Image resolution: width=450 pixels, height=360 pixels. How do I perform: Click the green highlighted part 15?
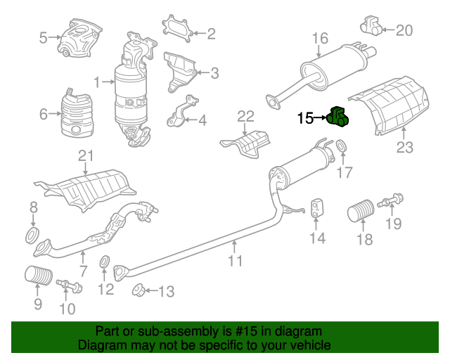point(337,117)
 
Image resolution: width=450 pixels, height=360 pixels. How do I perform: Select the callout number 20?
point(404,30)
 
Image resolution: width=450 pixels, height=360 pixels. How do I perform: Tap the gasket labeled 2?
point(176,29)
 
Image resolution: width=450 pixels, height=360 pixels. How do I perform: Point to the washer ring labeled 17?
point(341,146)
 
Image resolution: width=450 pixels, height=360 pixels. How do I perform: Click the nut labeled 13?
point(139,290)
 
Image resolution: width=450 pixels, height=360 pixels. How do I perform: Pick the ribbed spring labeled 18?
point(361,210)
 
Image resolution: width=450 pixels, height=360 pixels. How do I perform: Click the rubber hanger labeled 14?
point(317,207)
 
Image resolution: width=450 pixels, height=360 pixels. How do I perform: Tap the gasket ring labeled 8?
point(32,235)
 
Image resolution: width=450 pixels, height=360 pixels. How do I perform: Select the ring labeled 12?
point(104,262)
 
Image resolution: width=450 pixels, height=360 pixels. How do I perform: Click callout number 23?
point(405,147)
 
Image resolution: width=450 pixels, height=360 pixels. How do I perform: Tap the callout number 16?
point(320,38)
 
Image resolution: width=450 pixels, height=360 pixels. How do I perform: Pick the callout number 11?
point(235,261)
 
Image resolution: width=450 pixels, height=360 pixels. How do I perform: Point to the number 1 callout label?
point(97,82)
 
